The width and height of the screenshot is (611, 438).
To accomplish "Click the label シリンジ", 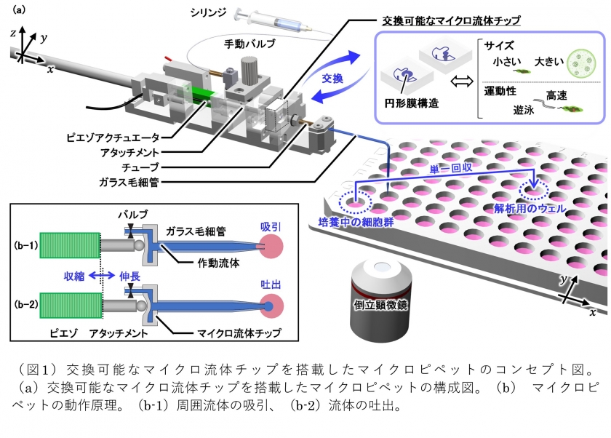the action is click(208, 12).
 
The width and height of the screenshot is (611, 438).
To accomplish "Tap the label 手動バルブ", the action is click(249, 44).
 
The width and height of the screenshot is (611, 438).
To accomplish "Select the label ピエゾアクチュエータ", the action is click(113, 138).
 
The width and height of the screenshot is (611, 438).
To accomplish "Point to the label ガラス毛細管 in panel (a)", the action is click(129, 182).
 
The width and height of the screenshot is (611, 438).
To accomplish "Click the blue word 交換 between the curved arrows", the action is click(332, 79).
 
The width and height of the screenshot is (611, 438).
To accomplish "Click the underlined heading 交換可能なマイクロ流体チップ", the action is click(452, 20).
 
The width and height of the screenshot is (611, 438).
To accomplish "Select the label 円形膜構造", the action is click(412, 103).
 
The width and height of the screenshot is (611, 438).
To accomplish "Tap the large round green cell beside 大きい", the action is click(581, 63).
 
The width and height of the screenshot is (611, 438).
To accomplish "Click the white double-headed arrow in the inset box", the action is click(462, 81).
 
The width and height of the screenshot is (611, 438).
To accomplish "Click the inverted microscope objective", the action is click(380, 300).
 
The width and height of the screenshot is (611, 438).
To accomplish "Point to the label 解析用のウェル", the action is click(530, 209).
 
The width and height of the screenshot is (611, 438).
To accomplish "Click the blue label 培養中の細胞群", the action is click(356, 222).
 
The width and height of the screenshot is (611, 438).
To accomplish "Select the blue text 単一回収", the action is click(451, 168).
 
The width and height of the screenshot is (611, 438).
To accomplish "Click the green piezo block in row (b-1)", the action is click(70, 245).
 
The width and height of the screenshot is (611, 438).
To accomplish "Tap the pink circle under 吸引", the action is click(271, 246).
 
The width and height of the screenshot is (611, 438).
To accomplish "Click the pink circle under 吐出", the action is click(271, 306).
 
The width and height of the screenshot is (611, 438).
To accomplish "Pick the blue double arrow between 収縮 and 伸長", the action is click(102, 276).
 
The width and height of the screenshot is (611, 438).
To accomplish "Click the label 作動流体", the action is click(219, 263).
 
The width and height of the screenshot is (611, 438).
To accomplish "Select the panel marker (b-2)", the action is click(25, 304).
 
